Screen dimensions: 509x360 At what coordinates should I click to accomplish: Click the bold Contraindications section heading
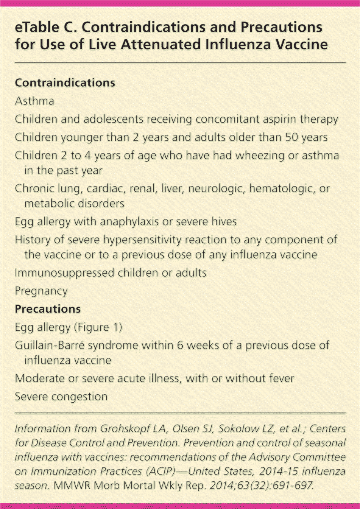pyautogui.click(x=65, y=83)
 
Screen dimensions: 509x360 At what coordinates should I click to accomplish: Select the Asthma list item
pyautogui.click(x=34, y=101)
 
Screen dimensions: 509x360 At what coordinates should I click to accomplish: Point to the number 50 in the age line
pyautogui.click(x=291, y=137)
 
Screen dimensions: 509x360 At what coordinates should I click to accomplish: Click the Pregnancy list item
pyautogui.click(x=41, y=291)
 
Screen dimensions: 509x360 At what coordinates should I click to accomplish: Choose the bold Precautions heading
pyautogui.click(x=48, y=309)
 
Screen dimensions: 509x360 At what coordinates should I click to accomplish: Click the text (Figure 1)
pyautogui.click(x=98, y=327)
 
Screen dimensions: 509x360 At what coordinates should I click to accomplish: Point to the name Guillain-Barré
pyautogui.click(x=50, y=346)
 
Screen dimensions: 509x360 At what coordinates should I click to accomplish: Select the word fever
pyautogui.click(x=280, y=378)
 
